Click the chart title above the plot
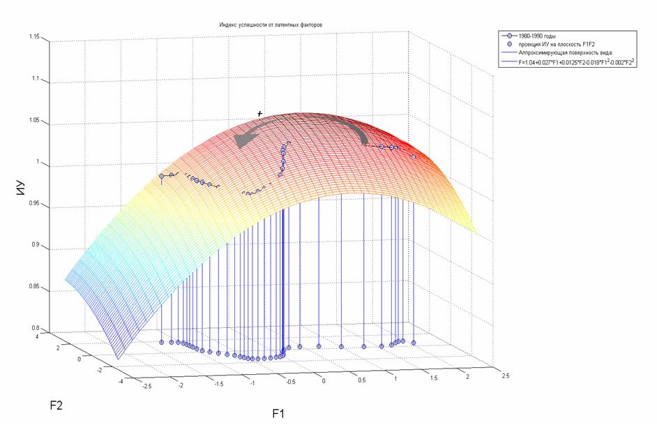271,24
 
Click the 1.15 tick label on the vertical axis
34,36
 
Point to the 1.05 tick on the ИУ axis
34,121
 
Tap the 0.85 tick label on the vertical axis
34,287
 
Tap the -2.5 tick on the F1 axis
146,385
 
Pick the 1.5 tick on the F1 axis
434,378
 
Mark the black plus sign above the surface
260,113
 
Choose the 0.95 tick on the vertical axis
34,205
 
